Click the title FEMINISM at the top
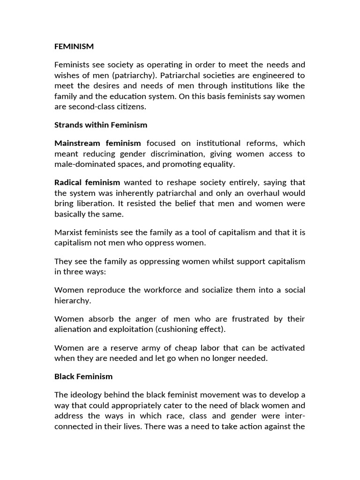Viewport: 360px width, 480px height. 74,46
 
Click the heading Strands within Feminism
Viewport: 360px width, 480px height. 101,125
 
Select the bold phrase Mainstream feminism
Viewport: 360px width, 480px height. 97,143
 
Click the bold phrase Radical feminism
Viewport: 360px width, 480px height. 87,182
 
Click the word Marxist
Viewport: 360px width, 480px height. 68,232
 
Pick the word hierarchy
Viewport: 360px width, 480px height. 73,300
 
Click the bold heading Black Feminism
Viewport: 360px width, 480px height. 83,376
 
